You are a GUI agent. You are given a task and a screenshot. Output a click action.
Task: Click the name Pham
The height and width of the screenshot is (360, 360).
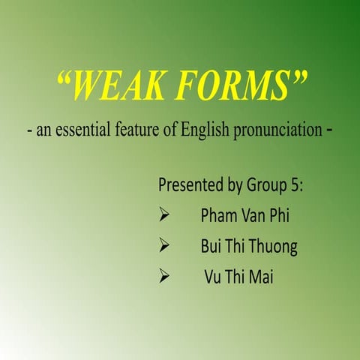click(x=217, y=217)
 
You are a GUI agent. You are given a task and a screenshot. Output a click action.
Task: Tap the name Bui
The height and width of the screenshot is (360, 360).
click(x=211, y=247)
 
